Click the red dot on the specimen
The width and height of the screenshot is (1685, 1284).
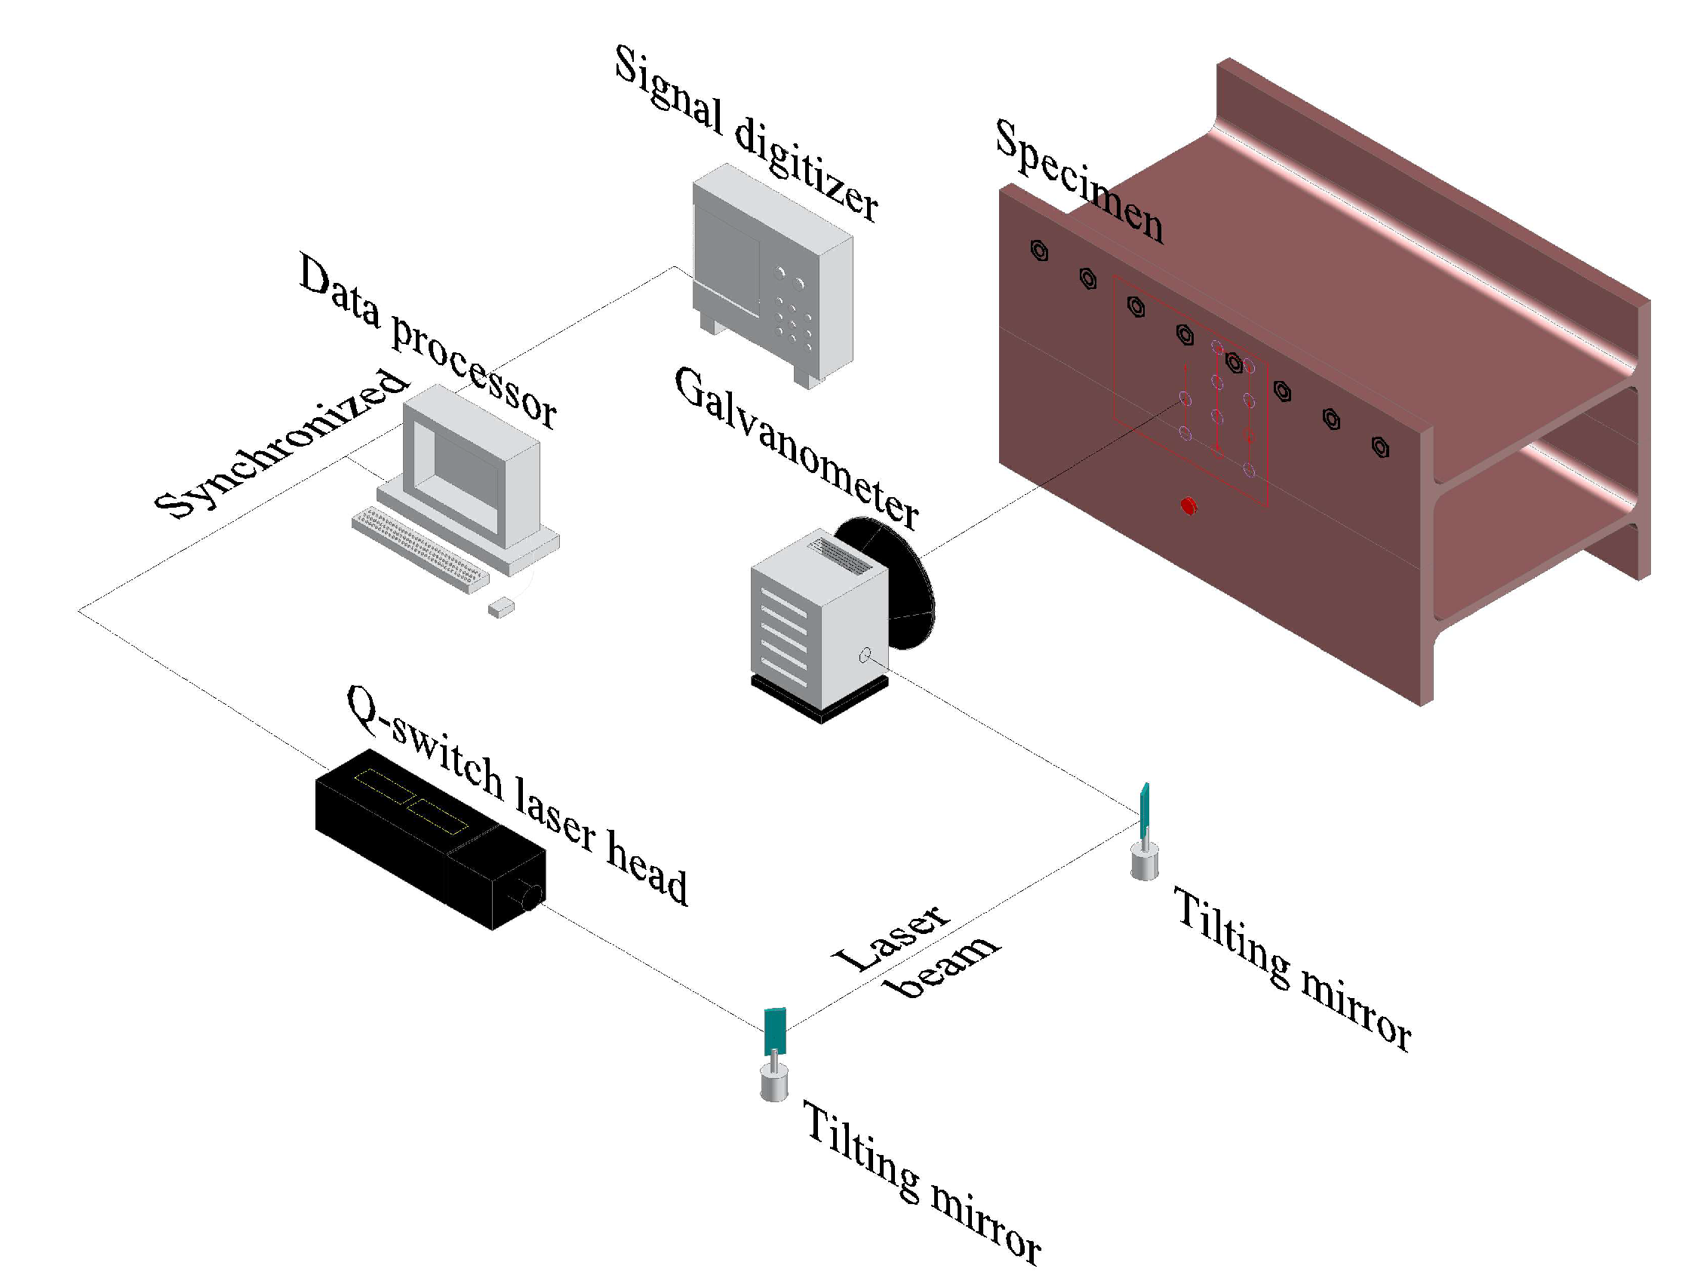click(x=1188, y=506)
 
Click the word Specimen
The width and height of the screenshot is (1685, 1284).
click(x=1079, y=182)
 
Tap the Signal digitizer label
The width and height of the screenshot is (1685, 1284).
click(x=746, y=134)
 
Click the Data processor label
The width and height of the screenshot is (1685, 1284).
click(x=427, y=341)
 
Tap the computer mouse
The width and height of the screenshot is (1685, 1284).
click(x=502, y=608)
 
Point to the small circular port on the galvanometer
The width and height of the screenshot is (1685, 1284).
click(x=865, y=655)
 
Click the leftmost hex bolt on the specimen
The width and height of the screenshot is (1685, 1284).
click(x=1039, y=250)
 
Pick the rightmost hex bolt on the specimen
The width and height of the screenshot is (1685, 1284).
click(x=1380, y=447)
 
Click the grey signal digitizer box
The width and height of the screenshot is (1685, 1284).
click(x=772, y=275)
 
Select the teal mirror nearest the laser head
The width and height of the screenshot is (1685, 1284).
click(x=774, y=1031)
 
